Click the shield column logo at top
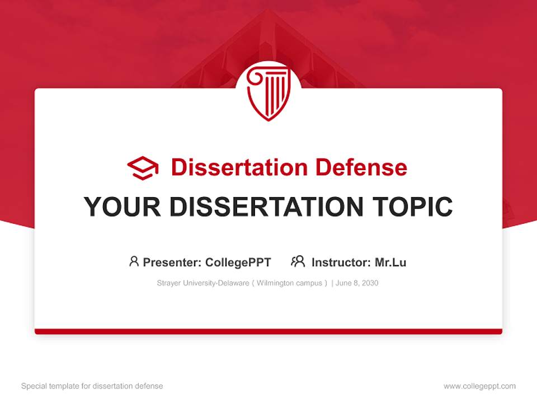(268, 93)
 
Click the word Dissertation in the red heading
(239, 167)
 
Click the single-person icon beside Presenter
(134, 261)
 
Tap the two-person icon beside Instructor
(298, 261)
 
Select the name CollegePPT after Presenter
(238, 263)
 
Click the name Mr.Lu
(390, 263)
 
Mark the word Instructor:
(341, 263)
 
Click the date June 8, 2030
(357, 283)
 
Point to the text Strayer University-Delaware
(203, 283)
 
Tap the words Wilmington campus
(289, 283)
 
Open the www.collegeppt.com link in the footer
(479, 386)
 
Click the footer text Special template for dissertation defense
(92, 386)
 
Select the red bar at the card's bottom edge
(268, 331)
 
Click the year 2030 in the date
(370, 283)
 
